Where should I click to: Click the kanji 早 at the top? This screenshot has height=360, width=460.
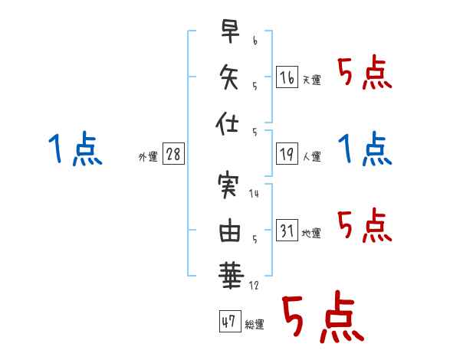click(230, 31)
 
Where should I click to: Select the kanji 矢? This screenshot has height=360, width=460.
click(228, 77)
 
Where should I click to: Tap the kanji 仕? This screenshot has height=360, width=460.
click(227, 123)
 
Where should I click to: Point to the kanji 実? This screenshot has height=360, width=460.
click(228, 186)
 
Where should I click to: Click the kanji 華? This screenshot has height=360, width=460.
click(231, 276)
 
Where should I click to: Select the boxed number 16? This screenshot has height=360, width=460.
click(287, 77)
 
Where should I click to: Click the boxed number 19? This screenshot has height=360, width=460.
click(287, 154)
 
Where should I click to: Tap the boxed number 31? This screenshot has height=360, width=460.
click(287, 230)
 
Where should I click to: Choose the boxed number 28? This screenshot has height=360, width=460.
click(173, 154)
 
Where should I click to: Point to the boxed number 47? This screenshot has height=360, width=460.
click(230, 321)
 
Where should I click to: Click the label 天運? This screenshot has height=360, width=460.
click(311, 80)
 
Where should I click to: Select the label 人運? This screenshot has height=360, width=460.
click(311, 156)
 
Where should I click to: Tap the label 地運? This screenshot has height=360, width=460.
click(311, 234)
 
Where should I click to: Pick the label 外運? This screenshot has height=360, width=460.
click(148, 156)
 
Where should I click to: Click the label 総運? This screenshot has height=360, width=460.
click(255, 324)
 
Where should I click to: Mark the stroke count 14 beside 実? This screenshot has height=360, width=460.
click(254, 194)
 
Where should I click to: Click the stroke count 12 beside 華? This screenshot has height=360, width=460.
click(254, 285)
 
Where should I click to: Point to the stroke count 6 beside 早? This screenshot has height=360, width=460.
click(255, 41)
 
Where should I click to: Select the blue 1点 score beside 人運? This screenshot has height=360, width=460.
click(365, 149)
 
